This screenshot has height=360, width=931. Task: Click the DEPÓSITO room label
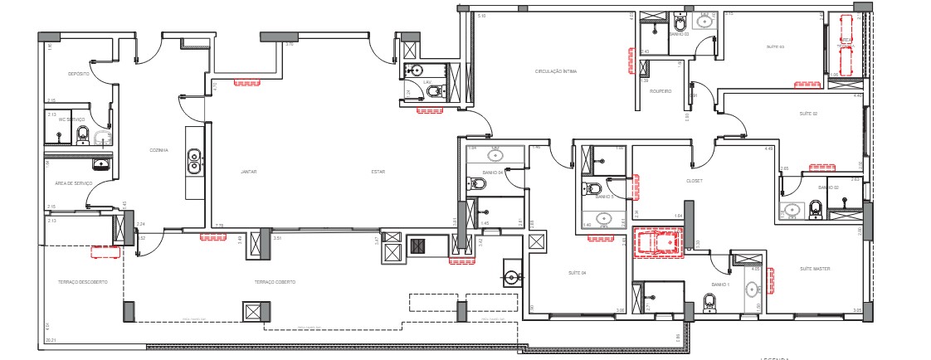coord(79,74)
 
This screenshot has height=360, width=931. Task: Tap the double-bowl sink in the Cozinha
coord(194,159)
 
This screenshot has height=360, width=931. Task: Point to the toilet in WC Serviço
coord(82,134)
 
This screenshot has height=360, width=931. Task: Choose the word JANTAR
coord(248,172)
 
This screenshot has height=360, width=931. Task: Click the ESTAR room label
coord(378,172)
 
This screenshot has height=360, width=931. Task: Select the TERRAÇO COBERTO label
coord(275,282)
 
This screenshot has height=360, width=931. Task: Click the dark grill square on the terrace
coord(418,246)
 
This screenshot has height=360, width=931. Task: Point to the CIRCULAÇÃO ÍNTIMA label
coord(555,72)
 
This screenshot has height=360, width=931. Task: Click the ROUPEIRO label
coord(660,91)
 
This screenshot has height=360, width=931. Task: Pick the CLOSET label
coord(695,180)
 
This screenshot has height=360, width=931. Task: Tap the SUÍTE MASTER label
coord(815,269)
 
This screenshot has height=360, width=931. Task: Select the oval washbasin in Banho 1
coord(752,290)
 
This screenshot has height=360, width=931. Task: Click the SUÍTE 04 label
coord(578,273)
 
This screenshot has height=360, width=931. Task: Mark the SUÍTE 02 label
coord(808,114)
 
